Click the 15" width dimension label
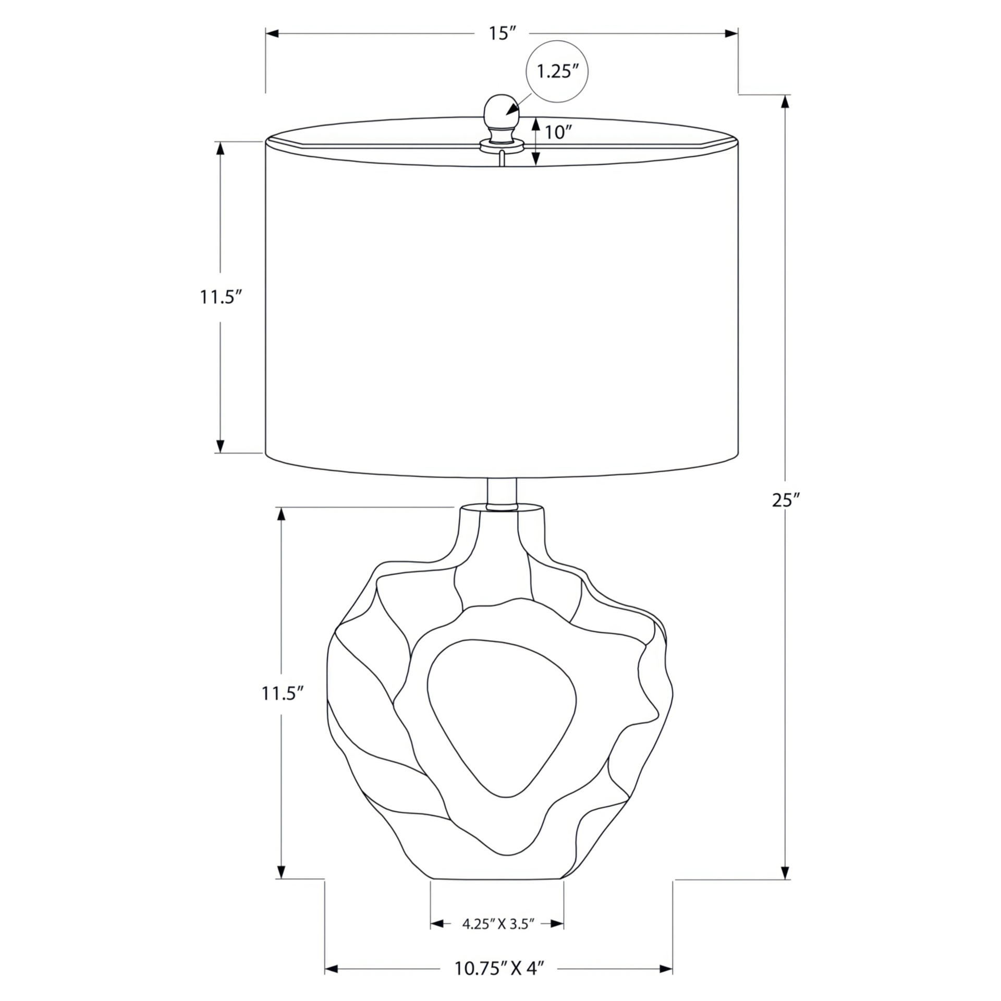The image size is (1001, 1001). (502, 34)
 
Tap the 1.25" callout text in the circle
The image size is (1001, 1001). (558, 71)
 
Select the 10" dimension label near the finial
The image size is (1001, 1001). (555, 132)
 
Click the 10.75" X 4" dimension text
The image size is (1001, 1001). (499, 968)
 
